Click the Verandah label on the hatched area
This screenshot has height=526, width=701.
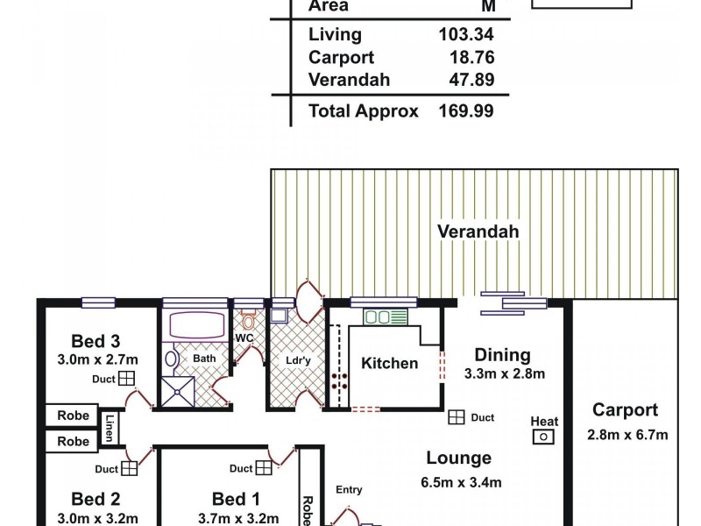[x=478, y=231]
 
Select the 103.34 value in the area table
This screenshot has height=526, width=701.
[x=465, y=35]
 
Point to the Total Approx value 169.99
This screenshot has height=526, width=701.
[x=465, y=111]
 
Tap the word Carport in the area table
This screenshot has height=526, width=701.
[x=341, y=58]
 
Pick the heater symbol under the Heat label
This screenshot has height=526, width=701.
[x=544, y=437]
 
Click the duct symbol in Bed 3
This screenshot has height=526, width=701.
[x=127, y=379]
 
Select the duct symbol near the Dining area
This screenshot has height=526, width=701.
[x=456, y=418]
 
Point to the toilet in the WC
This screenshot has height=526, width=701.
[x=248, y=320]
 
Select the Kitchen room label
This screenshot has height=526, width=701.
[x=389, y=363]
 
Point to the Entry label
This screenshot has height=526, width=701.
[x=349, y=490]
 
